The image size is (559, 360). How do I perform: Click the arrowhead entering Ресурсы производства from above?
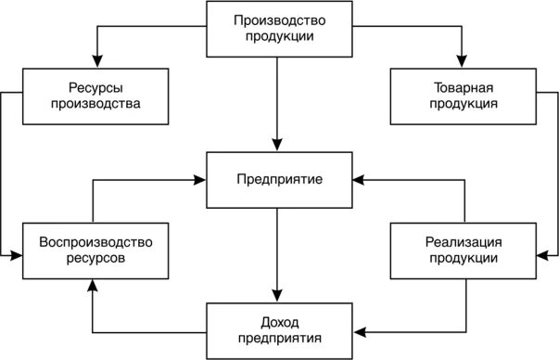[x=95, y=62]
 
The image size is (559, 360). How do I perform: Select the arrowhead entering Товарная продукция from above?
[x=460, y=62]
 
